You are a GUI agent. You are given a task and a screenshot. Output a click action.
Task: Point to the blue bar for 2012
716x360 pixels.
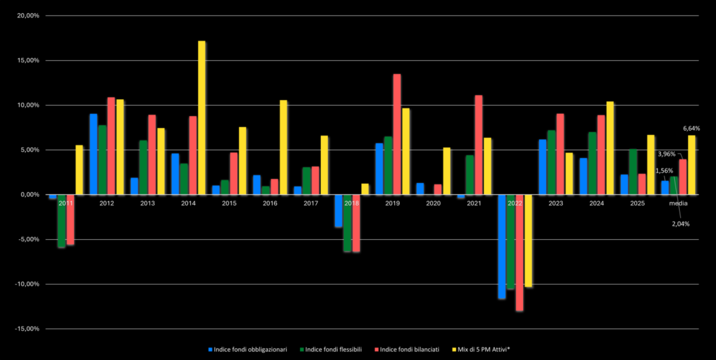pos(93,154)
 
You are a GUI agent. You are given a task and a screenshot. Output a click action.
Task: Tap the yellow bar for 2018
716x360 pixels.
pos(364,189)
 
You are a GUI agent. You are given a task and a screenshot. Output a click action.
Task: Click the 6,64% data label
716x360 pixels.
pos(691,129)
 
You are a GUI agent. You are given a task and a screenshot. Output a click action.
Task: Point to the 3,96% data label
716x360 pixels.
pos(666,154)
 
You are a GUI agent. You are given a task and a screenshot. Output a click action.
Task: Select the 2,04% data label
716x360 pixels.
pos(680,224)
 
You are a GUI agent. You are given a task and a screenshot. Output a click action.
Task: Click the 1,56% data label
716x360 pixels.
pos(664,171)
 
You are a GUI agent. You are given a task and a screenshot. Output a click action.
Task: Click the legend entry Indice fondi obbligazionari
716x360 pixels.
pos(248,348)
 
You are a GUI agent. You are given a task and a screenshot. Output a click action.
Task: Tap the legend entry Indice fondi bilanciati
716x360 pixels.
pos(409,348)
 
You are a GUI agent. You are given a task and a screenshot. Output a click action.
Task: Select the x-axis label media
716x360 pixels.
pos(678,203)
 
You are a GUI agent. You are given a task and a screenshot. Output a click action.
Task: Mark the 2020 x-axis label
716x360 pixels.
pos(434,203)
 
